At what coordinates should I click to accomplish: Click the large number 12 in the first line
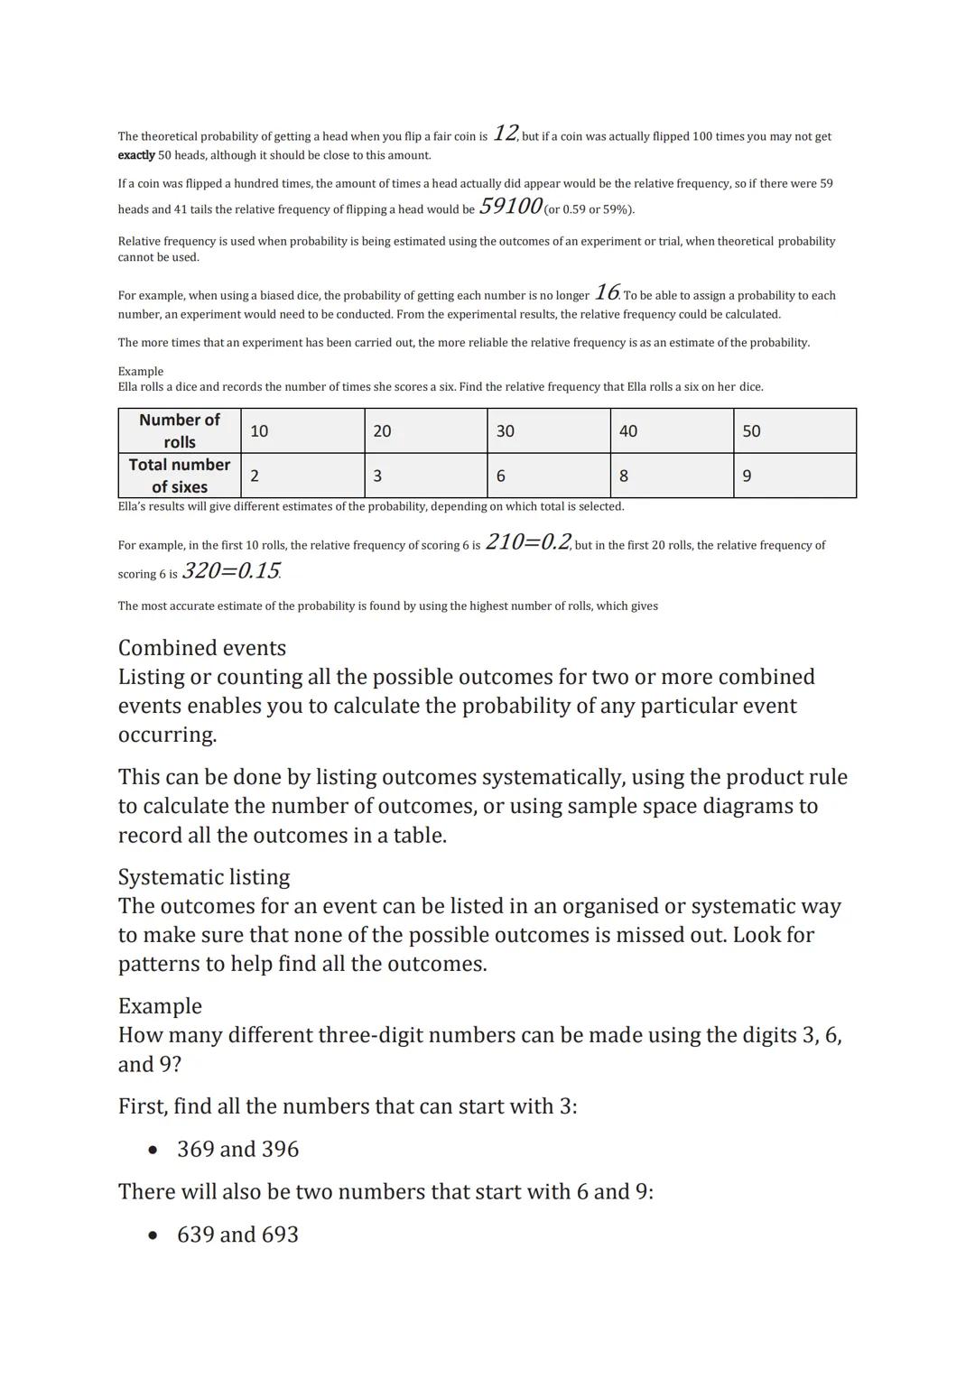[x=505, y=134]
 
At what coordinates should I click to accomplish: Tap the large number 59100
[x=510, y=207]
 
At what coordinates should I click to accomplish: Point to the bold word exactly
[x=136, y=155]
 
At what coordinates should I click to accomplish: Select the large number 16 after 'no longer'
[x=607, y=292]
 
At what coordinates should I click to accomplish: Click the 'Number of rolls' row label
[x=180, y=430]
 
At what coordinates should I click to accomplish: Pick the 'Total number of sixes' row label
[x=180, y=476]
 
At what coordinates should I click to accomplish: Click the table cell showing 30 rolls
[x=548, y=430]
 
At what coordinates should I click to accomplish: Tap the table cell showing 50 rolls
[x=794, y=430]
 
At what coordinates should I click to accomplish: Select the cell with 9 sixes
[x=794, y=476]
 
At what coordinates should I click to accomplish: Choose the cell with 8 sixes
[x=672, y=476]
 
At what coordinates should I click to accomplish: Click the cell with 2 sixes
[x=302, y=476]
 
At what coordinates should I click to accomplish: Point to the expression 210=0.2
[x=528, y=542]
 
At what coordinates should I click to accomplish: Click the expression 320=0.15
[x=231, y=571]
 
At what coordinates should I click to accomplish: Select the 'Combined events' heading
[x=202, y=648]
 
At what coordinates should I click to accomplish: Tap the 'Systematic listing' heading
[x=204, y=877]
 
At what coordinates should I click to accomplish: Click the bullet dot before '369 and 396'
[x=153, y=1150]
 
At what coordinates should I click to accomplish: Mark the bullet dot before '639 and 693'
[x=153, y=1235]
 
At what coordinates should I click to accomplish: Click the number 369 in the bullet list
[x=195, y=1149]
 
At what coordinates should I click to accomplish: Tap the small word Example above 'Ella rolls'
[x=141, y=371]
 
